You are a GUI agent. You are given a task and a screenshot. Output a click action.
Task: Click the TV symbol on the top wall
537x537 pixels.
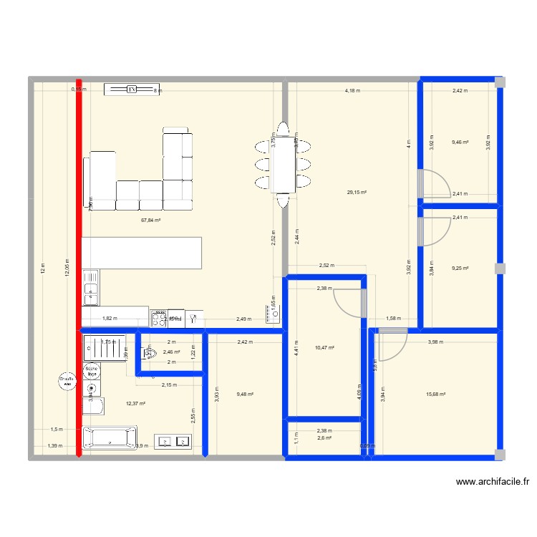(x=132, y=89)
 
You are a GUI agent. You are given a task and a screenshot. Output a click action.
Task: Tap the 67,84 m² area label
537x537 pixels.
(x=151, y=221)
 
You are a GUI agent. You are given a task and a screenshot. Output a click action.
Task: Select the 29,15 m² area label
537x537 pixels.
(x=357, y=192)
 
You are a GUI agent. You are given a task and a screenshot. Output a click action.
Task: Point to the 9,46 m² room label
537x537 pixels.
(x=460, y=142)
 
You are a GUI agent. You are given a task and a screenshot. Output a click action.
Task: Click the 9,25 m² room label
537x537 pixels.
(x=460, y=268)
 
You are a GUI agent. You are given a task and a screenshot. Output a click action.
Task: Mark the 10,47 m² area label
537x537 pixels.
(x=325, y=347)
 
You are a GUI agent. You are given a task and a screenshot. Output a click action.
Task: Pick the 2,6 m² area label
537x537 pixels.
(x=324, y=438)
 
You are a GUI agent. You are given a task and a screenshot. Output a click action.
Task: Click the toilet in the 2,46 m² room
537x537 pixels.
(x=150, y=353)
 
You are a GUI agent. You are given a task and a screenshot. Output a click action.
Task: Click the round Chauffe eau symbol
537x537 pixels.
(x=68, y=382)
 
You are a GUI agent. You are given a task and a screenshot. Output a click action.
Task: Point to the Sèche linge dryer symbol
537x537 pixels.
(x=92, y=371)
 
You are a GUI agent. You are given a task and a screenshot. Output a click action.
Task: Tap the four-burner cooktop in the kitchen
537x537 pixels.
(x=159, y=317)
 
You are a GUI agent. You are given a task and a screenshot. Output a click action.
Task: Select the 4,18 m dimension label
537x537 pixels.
(x=352, y=91)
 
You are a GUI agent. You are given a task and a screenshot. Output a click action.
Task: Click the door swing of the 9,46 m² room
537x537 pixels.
(x=435, y=183)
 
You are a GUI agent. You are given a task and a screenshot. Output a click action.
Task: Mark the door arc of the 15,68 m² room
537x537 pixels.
(x=393, y=344)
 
